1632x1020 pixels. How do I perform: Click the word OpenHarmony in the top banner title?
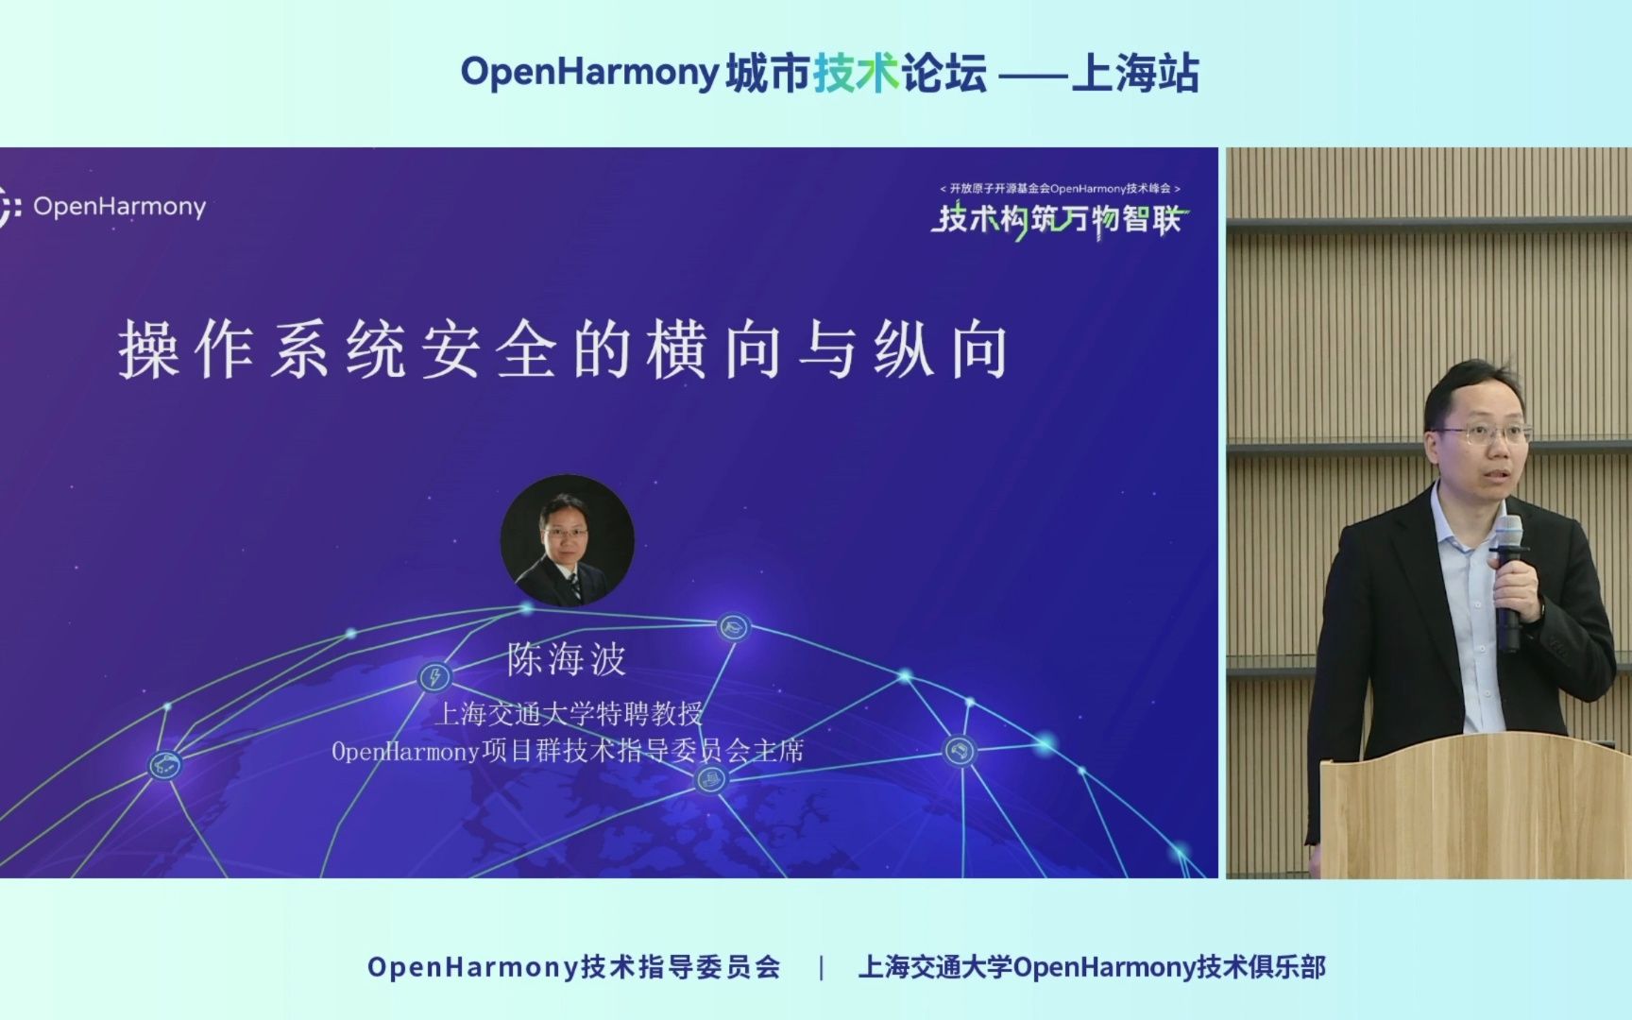589,73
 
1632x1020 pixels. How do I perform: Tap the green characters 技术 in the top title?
856,73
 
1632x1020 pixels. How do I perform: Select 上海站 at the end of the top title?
1134,73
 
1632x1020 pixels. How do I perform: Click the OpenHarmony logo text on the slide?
119,206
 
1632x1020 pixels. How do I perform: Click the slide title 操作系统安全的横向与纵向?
564,350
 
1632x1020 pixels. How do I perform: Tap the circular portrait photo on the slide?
567,540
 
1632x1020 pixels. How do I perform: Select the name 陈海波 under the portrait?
567,659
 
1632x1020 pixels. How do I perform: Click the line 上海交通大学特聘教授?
569,713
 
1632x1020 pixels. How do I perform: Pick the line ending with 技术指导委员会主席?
568,752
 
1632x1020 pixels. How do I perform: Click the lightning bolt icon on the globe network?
434,676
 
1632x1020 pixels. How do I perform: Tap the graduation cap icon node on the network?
734,626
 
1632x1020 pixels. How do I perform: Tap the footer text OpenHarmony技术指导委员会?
574,967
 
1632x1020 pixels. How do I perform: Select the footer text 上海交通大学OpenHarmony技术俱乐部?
1092,967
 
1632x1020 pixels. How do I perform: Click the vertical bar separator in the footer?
821,967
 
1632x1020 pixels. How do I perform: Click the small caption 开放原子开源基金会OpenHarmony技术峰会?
1060,189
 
